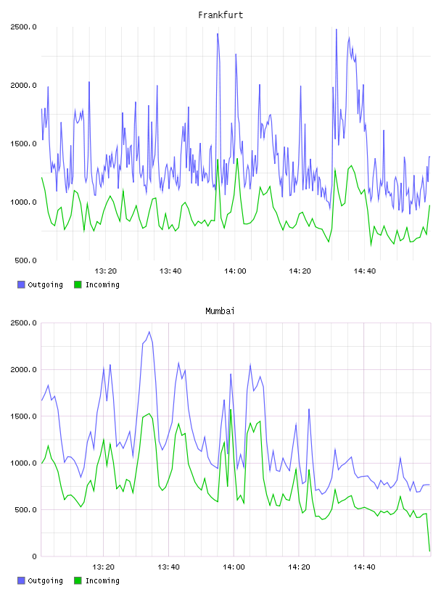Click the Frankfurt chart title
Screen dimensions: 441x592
220,15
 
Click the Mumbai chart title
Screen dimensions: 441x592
220,311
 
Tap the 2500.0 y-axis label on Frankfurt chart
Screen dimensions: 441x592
23,27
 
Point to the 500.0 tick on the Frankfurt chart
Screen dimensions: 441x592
25,260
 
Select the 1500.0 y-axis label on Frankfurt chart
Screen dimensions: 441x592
23,144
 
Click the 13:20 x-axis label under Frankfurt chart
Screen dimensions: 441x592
105,271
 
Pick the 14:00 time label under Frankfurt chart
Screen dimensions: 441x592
235,271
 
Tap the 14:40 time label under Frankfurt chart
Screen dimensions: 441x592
365,271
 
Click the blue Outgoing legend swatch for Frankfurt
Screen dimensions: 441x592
21,284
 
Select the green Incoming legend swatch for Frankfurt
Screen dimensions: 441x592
78,284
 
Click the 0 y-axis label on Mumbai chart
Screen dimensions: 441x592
34,556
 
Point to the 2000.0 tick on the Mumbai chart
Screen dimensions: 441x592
23,369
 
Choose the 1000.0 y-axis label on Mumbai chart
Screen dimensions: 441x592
23,464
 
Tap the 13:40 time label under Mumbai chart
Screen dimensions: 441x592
168,567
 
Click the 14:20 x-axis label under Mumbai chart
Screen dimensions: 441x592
299,567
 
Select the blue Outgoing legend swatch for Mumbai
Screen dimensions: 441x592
21,580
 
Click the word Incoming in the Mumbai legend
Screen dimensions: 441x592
102,581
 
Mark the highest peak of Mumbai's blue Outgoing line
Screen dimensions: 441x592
149,332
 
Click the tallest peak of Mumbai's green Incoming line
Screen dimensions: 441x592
231,409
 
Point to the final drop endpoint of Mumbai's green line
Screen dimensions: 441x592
429,551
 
